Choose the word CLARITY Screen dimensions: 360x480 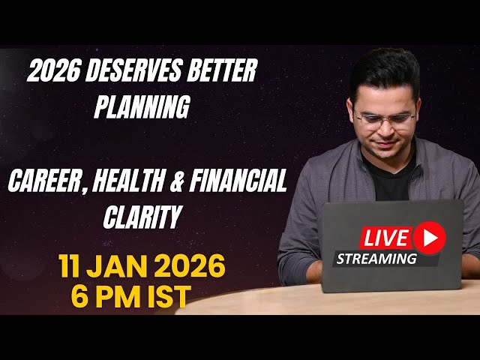142,217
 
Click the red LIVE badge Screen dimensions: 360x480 385,239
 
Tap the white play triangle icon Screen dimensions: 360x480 430,238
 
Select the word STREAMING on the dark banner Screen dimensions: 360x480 376,259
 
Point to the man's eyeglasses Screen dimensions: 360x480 384,119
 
